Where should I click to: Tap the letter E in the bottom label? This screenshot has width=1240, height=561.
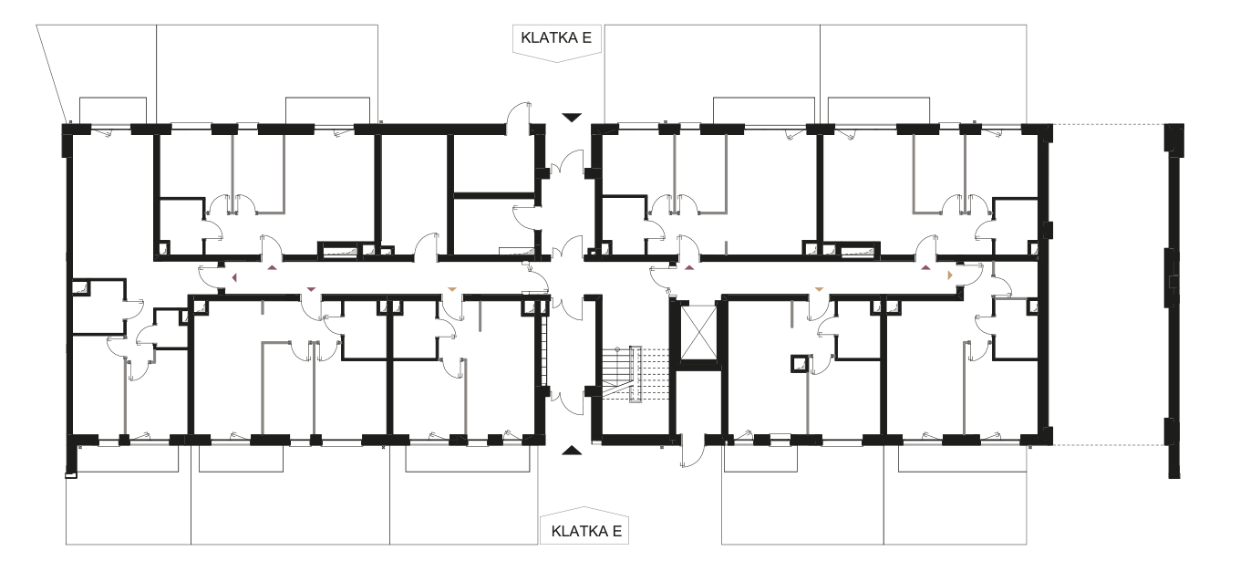click(617, 531)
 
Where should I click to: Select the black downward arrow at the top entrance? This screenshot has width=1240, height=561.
click(572, 118)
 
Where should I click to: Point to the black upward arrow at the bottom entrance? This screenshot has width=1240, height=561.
click(572, 451)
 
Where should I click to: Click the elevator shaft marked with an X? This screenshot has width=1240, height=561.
click(698, 332)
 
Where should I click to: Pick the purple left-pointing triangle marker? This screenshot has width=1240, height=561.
click(234, 277)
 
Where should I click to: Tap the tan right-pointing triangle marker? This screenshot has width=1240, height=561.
click(950, 275)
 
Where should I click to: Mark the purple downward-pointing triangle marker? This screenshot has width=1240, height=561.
click(311, 289)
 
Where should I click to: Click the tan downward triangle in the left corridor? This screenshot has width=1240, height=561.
click(452, 289)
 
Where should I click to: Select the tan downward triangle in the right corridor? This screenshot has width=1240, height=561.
click(820, 289)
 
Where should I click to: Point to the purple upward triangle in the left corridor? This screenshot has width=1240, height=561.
click(272, 267)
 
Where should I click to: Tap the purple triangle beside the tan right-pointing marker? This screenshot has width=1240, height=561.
click(925, 267)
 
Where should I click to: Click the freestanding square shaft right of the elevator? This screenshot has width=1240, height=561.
click(799, 364)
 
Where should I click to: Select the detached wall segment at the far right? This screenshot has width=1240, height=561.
click(1174, 301)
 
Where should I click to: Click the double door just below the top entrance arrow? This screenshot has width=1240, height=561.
click(567, 162)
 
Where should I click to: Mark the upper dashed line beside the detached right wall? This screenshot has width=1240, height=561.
click(1109, 125)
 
